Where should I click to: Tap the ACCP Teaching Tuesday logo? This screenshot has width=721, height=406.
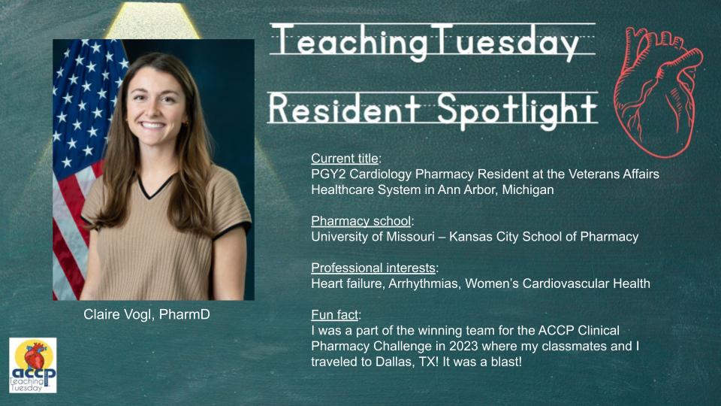(x=33, y=365)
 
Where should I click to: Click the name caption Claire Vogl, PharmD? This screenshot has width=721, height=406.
(x=146, y=314)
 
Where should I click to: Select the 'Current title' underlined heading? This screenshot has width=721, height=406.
(x=345, y=159)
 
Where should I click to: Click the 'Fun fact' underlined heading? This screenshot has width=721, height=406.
(x=334, y=315)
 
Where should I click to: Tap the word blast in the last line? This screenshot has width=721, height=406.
(x=502, y=362)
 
